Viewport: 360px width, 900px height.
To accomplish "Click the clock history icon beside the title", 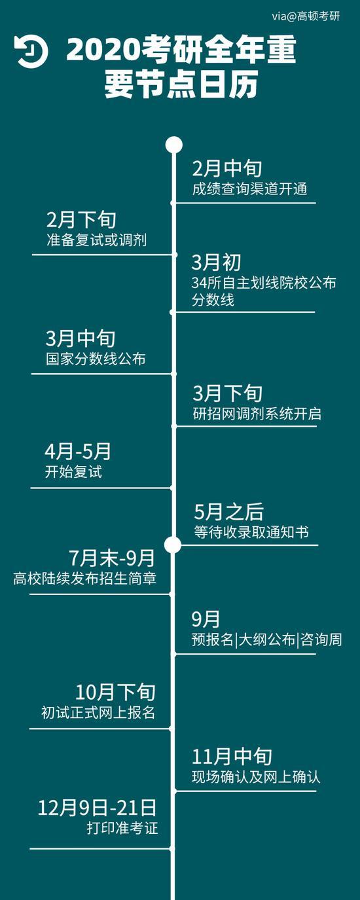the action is coord(31,52).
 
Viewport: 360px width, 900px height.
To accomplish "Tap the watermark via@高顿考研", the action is coord(306,16).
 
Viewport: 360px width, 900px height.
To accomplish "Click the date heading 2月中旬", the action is coord(227,168).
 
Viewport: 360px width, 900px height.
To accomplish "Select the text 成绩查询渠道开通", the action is coord(249,189).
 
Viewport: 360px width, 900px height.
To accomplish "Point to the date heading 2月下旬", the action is coord(82,220).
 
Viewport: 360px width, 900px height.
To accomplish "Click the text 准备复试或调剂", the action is coord(96,240).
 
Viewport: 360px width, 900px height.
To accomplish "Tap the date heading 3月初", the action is coord(216,262).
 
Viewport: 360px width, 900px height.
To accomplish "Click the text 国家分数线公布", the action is coord(96,359).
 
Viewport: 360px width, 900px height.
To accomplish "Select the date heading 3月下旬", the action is coord(227,393).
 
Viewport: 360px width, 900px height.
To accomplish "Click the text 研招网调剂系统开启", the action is coord(257,414).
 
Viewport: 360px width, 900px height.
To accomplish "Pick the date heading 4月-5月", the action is coord(78,452).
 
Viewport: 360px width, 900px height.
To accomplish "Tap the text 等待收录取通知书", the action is coord(251,532).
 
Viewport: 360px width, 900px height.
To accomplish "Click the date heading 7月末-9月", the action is coord(112,558).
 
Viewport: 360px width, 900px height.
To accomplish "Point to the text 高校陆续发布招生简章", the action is coord(85,578).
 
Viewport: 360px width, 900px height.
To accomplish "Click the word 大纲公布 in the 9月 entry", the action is coord(267,639).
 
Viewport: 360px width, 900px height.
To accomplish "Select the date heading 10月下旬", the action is coord(115,693).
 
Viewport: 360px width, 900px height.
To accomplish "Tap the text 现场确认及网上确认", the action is coord(256,777).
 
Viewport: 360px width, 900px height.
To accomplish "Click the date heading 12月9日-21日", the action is coord(97,808).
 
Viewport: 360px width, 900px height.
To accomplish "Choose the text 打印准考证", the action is coord(122,828).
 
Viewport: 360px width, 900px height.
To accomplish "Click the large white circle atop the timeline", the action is coord(174,145).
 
